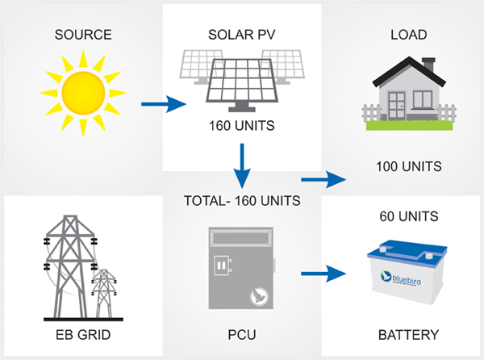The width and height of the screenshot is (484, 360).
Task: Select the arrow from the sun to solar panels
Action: pos(163,104)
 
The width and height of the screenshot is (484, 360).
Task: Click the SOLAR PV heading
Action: pos(241,35)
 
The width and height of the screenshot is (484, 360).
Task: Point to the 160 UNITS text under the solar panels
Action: pos(241,125)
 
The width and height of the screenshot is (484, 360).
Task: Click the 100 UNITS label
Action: pos(408,167)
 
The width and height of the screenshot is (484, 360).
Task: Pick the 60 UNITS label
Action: pos(408,216)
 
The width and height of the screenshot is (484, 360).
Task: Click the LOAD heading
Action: pos(408,35)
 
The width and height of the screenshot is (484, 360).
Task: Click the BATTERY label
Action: pos(408,334)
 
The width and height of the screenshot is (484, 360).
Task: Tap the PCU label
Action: pos(241,334)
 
